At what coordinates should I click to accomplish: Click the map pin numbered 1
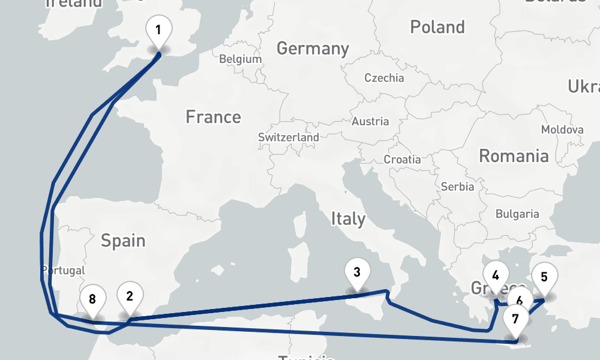click(158, 30)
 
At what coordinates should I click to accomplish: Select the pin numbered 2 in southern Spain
click(130, 296)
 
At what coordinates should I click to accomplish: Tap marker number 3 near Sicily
click(357, 273)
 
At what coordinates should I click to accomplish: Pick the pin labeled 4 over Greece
click(496, 276)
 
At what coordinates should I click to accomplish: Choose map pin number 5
click(544, 277)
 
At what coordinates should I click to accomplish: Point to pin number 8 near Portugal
click(92, 299)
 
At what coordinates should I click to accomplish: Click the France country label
click(213, 116)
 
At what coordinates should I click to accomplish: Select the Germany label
click(312, 49)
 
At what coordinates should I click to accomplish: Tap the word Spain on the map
click(123, 241)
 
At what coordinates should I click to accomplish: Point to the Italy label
click(348, 219)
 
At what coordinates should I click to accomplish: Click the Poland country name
click(437, 27)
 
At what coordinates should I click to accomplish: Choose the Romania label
click(514, 157)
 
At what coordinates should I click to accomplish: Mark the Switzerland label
click(289, 137)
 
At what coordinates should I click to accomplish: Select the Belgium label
click(241, 59)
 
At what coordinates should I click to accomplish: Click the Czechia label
click(385, 78)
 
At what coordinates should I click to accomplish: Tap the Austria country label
click(370, 121)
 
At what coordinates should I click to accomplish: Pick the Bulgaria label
click(517, 214)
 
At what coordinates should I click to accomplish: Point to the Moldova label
click(562, 130)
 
